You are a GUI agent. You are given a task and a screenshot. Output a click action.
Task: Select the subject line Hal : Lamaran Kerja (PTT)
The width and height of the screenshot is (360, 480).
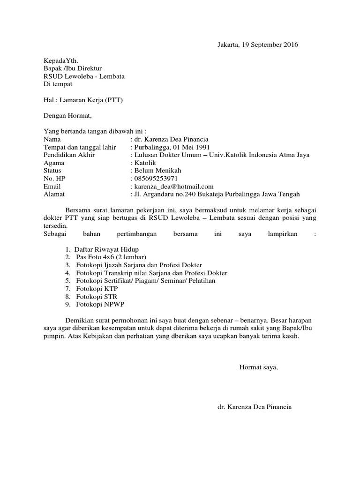tap(83, 100)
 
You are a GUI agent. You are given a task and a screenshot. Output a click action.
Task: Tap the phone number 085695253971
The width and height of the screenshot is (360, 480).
tap(156, 179)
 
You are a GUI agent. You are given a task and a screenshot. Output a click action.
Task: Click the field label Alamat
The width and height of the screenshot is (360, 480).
tap(54, 194)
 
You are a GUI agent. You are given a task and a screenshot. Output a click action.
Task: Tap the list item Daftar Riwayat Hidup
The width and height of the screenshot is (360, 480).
tap(107, 249)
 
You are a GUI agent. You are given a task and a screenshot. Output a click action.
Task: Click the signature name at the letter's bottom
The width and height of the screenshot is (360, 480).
tap(255, 407)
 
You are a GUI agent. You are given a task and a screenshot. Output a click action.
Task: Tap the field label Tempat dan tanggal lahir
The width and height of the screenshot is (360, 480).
tap(79, 147)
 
